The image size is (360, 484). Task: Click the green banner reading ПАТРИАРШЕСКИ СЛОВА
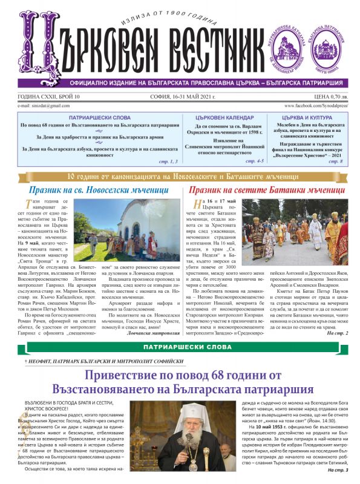[x=180, y=346]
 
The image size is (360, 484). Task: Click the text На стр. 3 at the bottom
[x=338, y=469]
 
